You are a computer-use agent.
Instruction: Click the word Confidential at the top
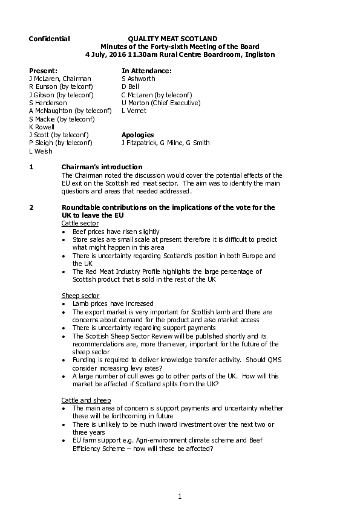click(x=49, y=39)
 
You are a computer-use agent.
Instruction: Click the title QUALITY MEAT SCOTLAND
click(x=172, y=39)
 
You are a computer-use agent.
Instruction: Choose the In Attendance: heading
click(x=146, y=71)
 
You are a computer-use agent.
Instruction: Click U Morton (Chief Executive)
click(x=160, y=103)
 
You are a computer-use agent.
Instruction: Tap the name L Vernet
click(x=134, y=111)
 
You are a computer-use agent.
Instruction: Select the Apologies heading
click(x=137, y=135)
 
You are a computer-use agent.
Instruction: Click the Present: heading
click(x=43, y=71)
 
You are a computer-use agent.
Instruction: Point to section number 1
click(x=31, y=167)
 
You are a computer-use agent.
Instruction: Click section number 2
click(x=31, y=207)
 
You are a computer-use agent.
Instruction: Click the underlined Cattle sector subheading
click(x=80, y=223)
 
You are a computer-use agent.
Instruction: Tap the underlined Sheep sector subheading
click(x=80, y=296)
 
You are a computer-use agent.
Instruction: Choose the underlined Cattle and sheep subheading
click(x=86, y=400)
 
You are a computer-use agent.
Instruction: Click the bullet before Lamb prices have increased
click(x=64, y=304)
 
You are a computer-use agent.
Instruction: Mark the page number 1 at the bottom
click(x=180, y=496)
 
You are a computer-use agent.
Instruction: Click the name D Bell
click(x=130, y=86)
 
